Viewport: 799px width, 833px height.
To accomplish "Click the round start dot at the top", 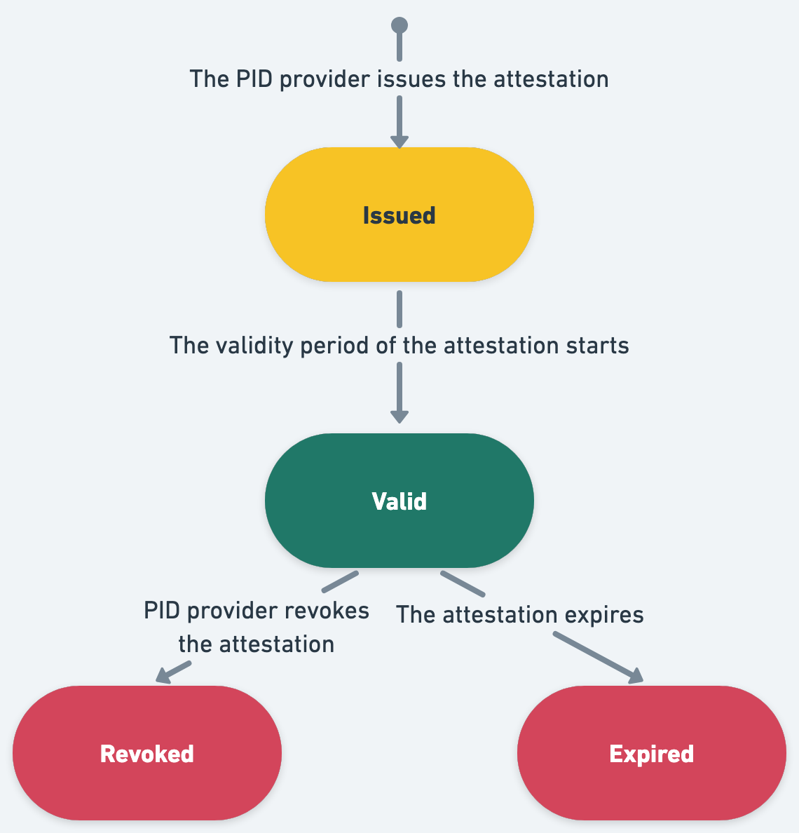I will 399,26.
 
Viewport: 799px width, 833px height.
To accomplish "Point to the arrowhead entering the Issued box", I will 399,141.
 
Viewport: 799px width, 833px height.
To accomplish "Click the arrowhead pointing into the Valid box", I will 399,416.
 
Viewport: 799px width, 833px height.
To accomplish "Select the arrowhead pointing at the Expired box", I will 635,675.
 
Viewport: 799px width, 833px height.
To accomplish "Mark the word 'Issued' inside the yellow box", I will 399,215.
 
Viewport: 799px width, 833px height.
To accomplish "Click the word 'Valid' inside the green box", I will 399,501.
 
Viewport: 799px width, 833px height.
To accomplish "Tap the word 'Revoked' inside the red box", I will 146,754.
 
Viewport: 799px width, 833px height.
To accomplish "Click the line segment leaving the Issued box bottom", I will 399,309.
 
